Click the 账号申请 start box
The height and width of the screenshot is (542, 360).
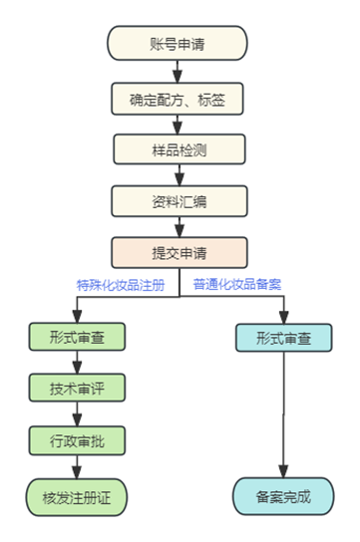[179, 45]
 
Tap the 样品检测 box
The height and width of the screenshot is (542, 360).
[179, 149]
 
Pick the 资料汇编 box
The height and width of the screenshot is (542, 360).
[179, 201]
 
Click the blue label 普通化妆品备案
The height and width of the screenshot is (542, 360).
[237, 284]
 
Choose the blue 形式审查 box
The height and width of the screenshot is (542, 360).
[284, 338]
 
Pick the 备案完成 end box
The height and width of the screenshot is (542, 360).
[284, 495]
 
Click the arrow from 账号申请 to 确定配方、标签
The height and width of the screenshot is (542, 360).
[179, 72]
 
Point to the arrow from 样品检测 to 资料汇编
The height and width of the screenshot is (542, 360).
[179, 175]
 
